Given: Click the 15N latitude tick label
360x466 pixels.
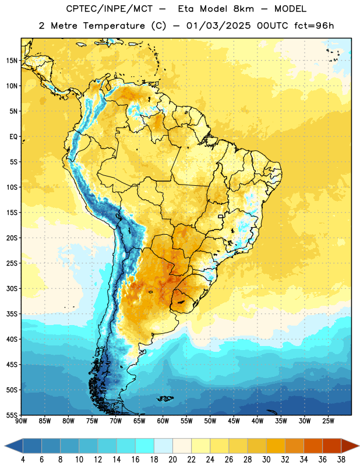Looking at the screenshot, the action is point(12,61).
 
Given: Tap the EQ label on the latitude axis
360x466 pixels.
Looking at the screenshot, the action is point(13,137).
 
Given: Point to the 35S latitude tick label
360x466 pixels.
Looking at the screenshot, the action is point(12,314).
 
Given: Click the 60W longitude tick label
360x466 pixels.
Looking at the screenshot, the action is point(163,421).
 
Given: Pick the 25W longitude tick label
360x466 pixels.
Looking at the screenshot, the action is point(328,421).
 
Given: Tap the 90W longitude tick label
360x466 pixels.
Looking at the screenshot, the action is point(21,421).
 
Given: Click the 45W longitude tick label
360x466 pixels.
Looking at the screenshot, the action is point(234,421).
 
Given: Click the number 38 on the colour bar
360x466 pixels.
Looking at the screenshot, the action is point(341,460).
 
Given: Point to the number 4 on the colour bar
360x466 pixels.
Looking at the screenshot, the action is point(23,460).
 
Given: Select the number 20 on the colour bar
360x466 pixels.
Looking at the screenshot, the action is point(172,460).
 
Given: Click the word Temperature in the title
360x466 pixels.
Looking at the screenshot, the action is point(114,26).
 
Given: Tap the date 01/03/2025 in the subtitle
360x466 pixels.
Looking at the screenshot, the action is point(219,26).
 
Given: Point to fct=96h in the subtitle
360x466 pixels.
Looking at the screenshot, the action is point(314,26).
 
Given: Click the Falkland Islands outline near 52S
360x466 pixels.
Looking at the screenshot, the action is point(165,398).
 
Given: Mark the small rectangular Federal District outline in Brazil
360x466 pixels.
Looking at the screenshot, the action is point(221,216).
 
